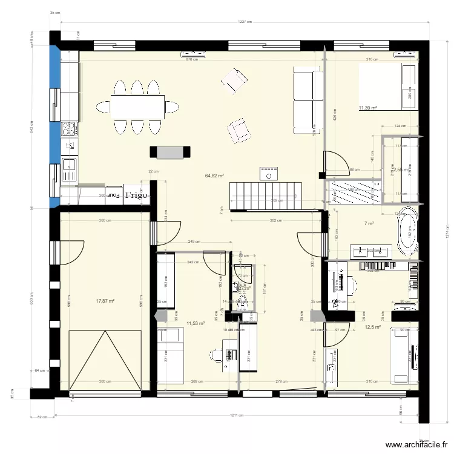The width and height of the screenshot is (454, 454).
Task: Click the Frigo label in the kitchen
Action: pos(137,196)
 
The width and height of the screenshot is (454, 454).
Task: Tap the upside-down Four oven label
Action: pos(114,196)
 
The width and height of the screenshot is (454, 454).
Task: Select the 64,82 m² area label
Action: pos(214,176)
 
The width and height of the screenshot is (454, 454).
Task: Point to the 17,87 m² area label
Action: pos(105,300)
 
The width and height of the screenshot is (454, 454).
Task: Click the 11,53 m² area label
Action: pos(196,324)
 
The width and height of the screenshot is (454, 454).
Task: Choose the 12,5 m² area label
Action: pos(372,327)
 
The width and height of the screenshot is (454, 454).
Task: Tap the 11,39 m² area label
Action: pos(368,108)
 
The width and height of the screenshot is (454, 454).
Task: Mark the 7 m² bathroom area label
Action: pos(369,224)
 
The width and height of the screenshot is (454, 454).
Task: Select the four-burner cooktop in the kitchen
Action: pos(69,128)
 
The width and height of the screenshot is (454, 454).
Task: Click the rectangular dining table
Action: pos(137,107)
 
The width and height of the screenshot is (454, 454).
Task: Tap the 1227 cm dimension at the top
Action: pos(245,22)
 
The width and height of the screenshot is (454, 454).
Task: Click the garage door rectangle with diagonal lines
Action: pos(106,360)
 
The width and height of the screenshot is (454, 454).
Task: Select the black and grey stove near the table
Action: pos(170,153)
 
